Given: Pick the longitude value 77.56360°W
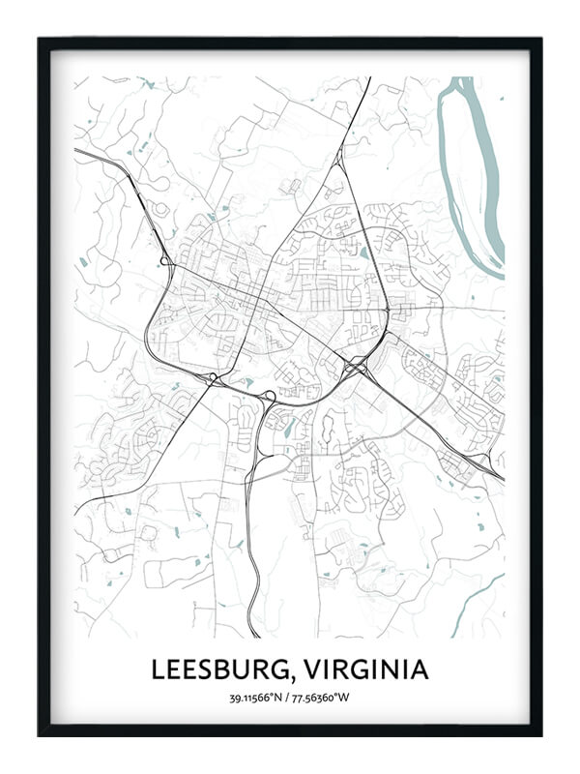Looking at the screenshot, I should (325, 698).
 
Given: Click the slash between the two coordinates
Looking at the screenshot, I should (290, 698).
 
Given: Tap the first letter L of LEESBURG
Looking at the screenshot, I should (157, 670).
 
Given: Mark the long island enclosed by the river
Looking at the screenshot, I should (469, 164).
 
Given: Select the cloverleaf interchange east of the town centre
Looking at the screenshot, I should (355, 368).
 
